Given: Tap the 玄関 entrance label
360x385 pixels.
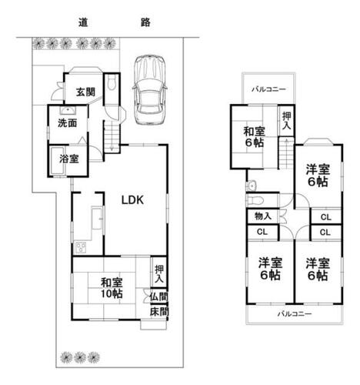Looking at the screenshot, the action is tap(85, 92).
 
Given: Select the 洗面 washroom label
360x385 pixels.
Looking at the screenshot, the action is tap(68, 123).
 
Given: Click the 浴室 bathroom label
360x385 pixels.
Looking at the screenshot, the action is tap(69, 159).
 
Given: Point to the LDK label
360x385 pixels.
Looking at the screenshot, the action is tap(132, 200).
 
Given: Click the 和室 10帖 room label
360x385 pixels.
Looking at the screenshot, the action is tap(112, 288).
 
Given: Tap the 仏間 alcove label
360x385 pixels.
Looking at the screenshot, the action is tap(159, 297).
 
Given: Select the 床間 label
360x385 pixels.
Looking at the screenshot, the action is tap(159, 312).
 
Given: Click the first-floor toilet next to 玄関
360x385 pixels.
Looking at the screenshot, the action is tap(112, 82).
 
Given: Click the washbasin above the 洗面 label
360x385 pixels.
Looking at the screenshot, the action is tap(68, 111).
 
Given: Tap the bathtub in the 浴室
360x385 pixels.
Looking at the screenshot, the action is tap(57, 161).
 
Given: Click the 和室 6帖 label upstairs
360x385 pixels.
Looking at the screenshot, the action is tap(254, 137).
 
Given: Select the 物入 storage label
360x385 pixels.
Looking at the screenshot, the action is tap(263, 216).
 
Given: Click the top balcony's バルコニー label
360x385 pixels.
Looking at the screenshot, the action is tap(268, 89).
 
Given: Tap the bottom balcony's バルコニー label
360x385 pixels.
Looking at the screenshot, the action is tap(295, 313).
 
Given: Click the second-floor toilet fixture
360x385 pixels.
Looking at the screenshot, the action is tap(255, 199).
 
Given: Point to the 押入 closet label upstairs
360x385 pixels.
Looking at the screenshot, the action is tap(287, 121).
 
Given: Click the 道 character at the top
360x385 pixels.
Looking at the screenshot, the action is tap(83, 22).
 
